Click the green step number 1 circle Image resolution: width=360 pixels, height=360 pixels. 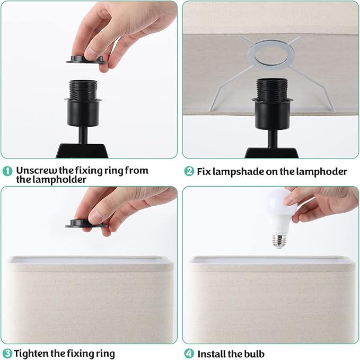coord(7,171)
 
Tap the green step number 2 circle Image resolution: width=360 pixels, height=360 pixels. coord(189,171)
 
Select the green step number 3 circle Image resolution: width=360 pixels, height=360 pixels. coord(7,353)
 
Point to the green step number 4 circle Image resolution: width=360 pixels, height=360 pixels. coord(189,353)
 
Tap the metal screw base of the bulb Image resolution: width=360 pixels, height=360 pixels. coord(279,242)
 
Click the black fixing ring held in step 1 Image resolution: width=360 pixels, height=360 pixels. coord(86,60)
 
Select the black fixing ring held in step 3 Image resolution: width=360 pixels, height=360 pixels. coord(86,224)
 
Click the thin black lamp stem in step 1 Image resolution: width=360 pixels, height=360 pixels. coord(83,135)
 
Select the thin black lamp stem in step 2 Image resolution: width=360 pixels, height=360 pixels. coord(273,139)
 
